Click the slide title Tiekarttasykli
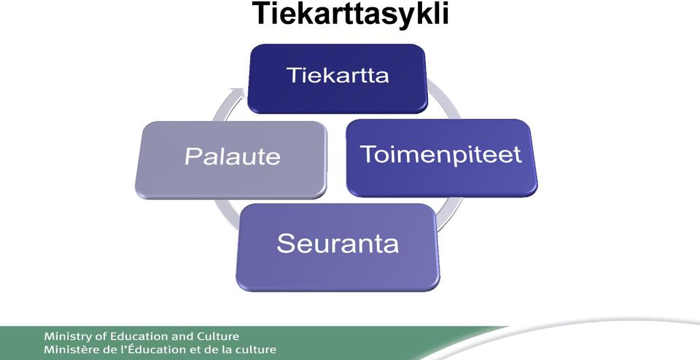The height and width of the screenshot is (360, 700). coord(351,14)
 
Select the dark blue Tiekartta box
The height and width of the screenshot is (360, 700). coord(337,79)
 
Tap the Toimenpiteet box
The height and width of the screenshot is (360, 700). coord(442,158)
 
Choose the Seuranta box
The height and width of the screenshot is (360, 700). coord(338,248)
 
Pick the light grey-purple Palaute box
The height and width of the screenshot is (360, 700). coord(231,160)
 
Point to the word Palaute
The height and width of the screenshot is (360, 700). coord(233,157)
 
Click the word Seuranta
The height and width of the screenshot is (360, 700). coord(338,243)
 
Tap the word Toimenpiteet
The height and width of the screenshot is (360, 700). coord(441,154)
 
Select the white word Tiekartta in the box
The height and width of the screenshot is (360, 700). coord(338,75)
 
